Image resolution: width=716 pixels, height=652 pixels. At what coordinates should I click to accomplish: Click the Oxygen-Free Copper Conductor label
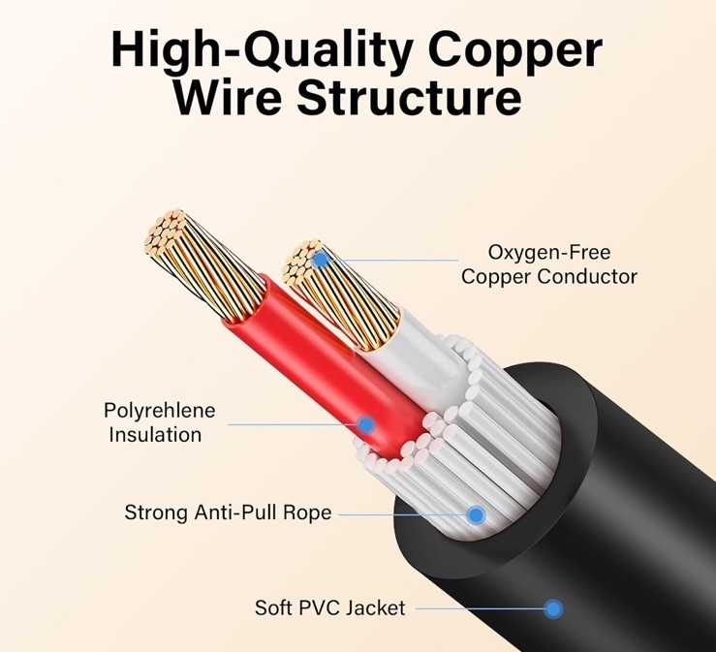pyautogui.click(x=548, y=264)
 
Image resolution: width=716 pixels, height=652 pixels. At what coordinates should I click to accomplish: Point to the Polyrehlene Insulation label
pyautogui.click(x=160, y=422)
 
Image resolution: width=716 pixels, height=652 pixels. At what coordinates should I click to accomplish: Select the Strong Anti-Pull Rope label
pyautogui.click(x=228, y=512)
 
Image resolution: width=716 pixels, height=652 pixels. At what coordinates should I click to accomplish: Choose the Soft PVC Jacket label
pyautogui.click(x=330, y=608)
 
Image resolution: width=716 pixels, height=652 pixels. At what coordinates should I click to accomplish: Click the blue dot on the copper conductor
pyautogui.click(x=321, y=259)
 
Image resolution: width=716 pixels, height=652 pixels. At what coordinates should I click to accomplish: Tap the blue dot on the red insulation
pyautogui.click(x=365, y=423)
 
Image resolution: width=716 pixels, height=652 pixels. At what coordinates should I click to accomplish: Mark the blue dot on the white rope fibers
pyautogui.click(x=476, y=514)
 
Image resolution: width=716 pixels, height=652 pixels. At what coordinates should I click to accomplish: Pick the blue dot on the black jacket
pyautogui.click(x=552, y=608)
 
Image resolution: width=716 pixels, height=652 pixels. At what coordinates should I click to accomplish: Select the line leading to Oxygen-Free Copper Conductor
pyautogui.click(x=397, y=260)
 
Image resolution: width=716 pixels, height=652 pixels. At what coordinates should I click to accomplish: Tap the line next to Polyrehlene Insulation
pyautogui.click(x=291, y=423)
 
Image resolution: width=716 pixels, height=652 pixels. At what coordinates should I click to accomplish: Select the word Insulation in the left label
pyautogui.click(x=155, y=434)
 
